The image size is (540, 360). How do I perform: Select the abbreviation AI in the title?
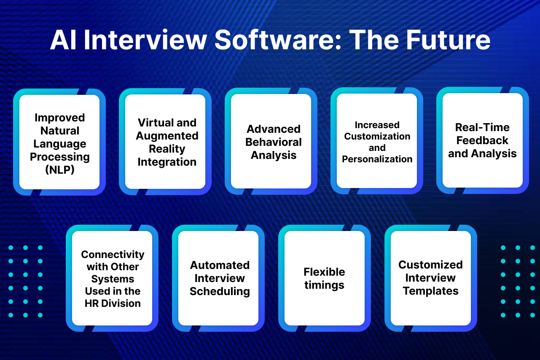pyautogui.click(x=63, y=40)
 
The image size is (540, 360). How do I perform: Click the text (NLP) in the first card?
pyautogui.click(x=59, y=170)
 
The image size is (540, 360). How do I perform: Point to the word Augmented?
pyautogui.click(x=167, y=136)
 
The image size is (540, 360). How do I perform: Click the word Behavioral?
pyautogui.click(x=274, y=142)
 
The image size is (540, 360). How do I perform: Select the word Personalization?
pyautogui.click(x=377, y=159)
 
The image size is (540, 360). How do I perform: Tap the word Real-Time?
pyautogui.click(x=482, y=127)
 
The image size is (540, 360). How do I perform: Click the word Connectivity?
pyautogui.click(x=113, y=255)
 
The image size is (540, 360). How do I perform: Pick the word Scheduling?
pyautogui.click(x=220, y=291)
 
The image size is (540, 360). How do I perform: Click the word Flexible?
pyautogui.click(x=324, y=272)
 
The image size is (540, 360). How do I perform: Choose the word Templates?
pyautogui.click(x=430, y=291)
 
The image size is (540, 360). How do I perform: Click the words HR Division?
pyautogui.click(x=113, y=304)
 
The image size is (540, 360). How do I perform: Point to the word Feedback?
pyautogui.click(x=482, y=140)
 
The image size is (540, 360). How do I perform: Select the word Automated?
pyautogui.click(x=220, y=265)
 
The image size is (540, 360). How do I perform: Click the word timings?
pyautogui.click(x=324, y=285)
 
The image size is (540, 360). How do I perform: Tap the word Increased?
pyautogui.click(x=377, y=125)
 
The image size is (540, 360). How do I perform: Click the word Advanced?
pyautogui.click(x=274, y=129)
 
